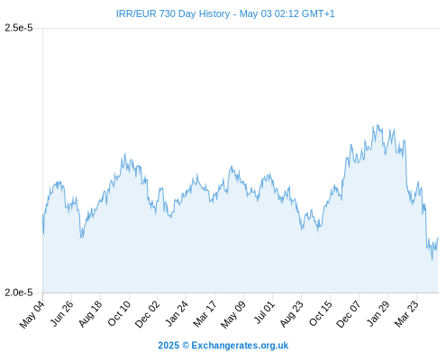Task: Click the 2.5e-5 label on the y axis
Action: tap(19, 28)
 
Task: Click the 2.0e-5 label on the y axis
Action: tap(19, 292)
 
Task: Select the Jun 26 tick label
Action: tap(62, 313)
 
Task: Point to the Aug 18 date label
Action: tap(91, 313)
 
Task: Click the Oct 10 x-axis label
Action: tap(120, 313)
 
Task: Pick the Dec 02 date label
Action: tap(148, 314)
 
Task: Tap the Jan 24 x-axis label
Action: tap(177, 313)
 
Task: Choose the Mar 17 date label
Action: tap(205, 314)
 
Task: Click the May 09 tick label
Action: tap(233, 314)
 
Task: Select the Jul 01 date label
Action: tap(265, 312)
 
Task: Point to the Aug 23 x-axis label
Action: tap(292, 314)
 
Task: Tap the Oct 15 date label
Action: tap(321, 313)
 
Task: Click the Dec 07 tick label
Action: tap(349, 314)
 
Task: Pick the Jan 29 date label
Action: tap(378, 313)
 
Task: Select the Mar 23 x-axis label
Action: tap(407, 314)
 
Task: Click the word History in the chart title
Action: tap(214, 13)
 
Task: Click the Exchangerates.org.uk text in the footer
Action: tap(240, 346)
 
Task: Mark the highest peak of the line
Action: tap(378, 125)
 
